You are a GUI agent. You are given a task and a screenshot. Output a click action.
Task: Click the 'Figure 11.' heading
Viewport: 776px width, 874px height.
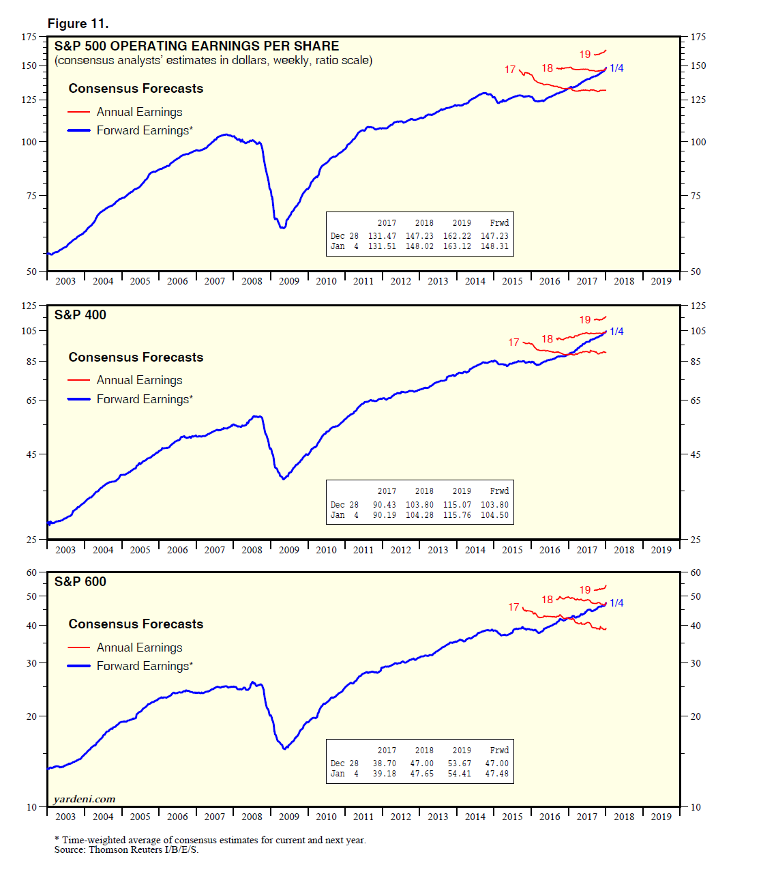coord(78,24)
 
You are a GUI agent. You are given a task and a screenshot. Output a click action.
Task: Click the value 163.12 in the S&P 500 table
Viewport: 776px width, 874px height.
coord(457,246)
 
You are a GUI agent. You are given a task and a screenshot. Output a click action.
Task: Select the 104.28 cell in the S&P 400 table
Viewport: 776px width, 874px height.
coord(419,515)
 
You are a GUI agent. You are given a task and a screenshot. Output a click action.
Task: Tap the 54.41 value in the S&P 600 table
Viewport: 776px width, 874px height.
coord(459,774)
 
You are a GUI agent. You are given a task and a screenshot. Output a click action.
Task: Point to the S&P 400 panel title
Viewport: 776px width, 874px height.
coord(80,315)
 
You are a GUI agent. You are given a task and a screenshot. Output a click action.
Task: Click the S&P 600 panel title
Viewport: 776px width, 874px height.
coord(80,581)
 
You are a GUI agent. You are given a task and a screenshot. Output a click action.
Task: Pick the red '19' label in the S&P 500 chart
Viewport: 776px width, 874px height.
coord(585,55)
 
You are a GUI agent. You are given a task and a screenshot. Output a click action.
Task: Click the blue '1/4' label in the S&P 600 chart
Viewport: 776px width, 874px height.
coord(616,602)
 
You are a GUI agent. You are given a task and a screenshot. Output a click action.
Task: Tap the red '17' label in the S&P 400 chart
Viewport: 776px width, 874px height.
coord(513,342)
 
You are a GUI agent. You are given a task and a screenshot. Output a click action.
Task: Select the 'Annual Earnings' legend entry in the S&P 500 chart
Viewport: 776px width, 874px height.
coord(139,112)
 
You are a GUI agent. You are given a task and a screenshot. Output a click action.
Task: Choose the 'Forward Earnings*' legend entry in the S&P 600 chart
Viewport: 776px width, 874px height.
coord(145,666)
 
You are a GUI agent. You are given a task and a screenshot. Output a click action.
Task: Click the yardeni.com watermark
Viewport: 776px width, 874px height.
coord(85,799)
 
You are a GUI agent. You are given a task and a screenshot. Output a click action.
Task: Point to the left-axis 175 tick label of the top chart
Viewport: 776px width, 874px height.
coord(29,37)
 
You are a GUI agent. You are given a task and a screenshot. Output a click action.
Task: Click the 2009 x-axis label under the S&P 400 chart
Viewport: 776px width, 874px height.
coord(289,550)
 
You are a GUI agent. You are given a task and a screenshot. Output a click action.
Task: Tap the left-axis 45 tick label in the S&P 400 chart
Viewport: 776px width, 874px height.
coord(31,454)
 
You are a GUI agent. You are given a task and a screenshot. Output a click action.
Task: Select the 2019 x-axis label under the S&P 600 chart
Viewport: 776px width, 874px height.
coord(661,817)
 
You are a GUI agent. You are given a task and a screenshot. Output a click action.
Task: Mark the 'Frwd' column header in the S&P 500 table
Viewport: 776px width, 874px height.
coord(499,223)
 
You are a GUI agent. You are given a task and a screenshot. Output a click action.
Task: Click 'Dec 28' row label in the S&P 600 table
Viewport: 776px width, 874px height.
coord(344,763)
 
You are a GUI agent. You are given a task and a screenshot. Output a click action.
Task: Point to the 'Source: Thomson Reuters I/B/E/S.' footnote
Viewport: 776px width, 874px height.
coord(126,849)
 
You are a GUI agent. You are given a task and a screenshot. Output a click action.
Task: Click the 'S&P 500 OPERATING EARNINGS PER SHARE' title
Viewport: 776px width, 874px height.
coord(196,46)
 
